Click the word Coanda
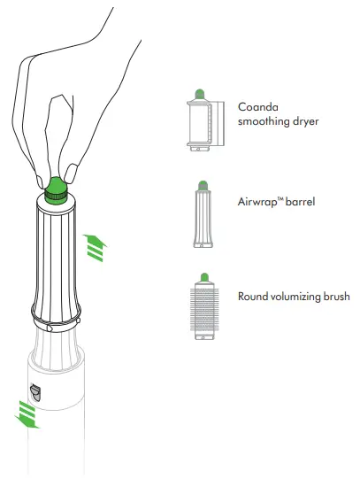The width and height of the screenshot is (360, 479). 257,106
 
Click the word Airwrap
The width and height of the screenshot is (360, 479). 261,202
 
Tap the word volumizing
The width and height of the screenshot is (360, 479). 300,297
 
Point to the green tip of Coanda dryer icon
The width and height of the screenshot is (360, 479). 200,92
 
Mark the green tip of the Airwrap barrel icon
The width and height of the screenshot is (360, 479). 201,184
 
